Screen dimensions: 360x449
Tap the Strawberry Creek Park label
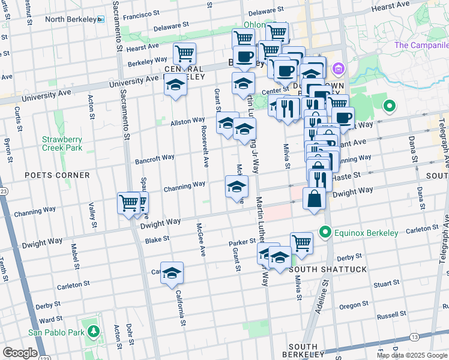[62, 143]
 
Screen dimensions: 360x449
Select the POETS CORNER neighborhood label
[57, 175]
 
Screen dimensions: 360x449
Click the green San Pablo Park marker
[93, 331]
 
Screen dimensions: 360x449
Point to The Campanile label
[421, 45]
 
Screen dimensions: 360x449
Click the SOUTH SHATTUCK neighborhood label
[328, 269]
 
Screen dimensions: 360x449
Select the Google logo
[20, 352]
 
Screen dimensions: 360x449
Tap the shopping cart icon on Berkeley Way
[184, 53]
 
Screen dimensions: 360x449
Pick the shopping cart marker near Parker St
[301, 243]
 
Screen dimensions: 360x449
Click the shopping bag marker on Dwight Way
[315, 199]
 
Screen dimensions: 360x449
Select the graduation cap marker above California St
[172, 273]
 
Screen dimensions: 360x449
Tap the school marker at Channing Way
[237, 186]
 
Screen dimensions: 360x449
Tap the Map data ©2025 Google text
[411, 355]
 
